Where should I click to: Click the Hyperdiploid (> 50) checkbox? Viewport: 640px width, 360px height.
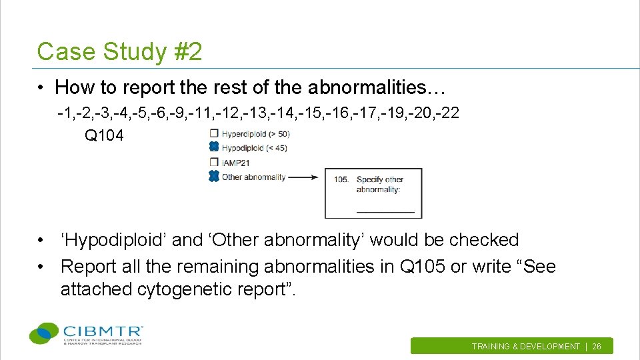pyautogui.click(x=213, y=133)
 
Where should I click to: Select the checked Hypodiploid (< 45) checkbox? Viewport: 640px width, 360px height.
pyautogui.click(x=213, y=147)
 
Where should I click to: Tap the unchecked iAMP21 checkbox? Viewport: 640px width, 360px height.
pyautogui.click(x=213, y=162)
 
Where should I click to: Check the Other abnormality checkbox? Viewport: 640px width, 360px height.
pyautogui.click(x=213, y=177)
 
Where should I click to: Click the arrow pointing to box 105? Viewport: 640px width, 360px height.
pyautogui.click(x=305, y=177)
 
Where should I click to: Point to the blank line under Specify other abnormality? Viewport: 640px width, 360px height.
pyautogui.click(x=385, y=211)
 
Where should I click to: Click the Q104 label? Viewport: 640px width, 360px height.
pyautogui.click(x=104, y=136)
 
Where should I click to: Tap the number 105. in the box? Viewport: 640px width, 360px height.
pyautogui.click(x=342, y=179)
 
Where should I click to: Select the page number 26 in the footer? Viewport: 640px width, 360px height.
pyautogui.click(x=597, y=347)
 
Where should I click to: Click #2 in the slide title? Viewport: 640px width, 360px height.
pyautogui.click(x=187, y=51)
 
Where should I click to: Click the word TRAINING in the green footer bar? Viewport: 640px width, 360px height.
pyautogui.click(x=491, y=347)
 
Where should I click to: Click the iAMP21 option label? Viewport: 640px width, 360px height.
pyautogui.click(x=236, y=162)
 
